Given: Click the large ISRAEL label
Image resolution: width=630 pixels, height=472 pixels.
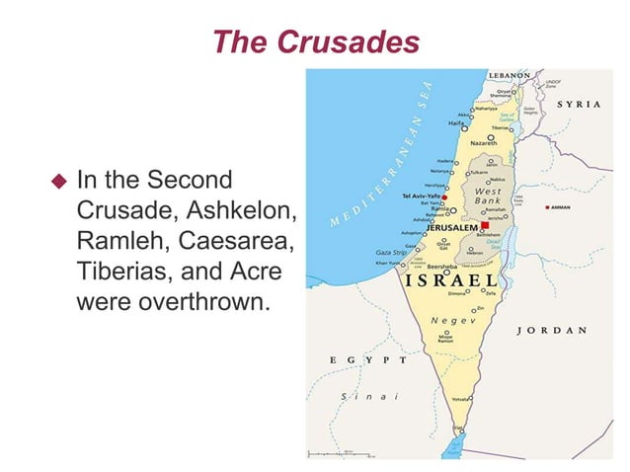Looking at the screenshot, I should coord(450,280).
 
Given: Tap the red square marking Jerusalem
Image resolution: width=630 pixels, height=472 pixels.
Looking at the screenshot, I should coord(486,225).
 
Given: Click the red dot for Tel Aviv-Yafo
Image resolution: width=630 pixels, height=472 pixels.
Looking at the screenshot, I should coord(446,197).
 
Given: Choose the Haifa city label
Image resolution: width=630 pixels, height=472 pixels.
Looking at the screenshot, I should coord(456,123).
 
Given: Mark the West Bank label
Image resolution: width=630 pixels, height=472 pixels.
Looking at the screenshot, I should coord(488,195).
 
